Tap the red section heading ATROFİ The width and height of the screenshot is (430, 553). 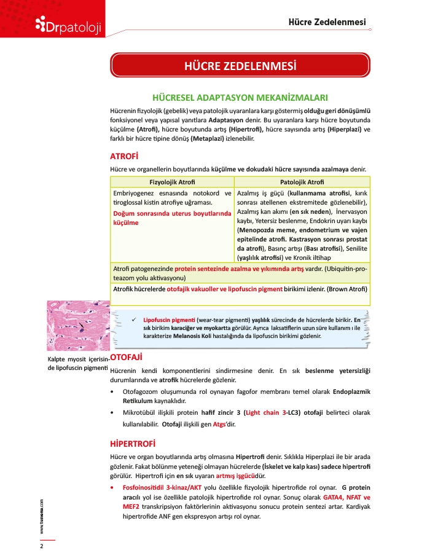point(123,156)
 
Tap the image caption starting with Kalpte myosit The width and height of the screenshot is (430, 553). point(77,363)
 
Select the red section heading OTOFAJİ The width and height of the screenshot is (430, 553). point(127,357)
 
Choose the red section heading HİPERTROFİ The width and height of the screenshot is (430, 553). point(132,443)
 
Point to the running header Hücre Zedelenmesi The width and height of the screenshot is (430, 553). point(327,23)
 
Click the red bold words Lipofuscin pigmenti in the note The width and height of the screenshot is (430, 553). point(169,320)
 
